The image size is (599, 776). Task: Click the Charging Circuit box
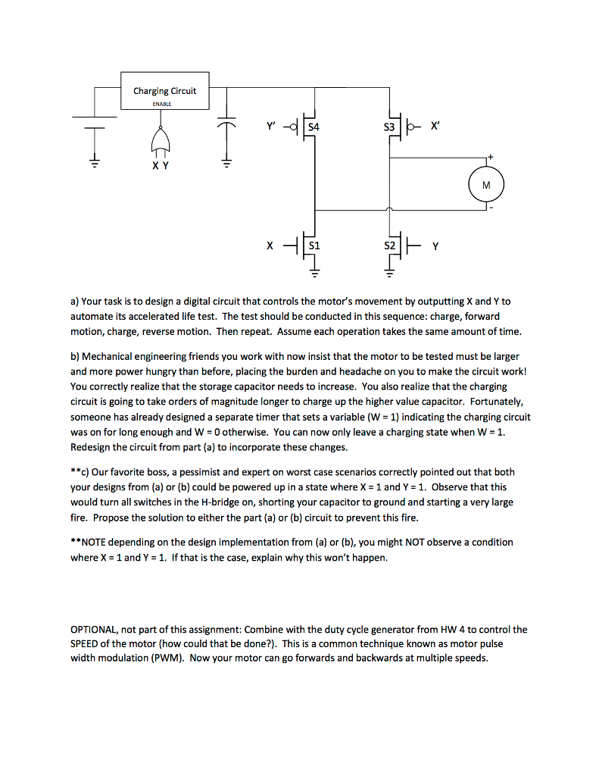click(164, 91)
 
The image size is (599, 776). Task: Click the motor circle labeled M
click(485, 184)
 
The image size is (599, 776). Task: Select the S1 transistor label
click(313, 246)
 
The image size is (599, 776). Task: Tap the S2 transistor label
click(389, 246)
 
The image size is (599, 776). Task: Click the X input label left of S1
click(270, 246)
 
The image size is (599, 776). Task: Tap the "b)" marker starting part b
click(75, 355)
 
